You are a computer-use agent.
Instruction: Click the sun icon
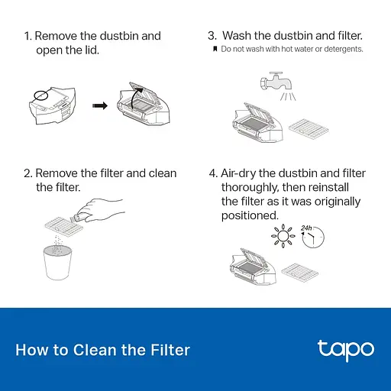283,236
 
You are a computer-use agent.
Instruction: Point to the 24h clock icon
313,236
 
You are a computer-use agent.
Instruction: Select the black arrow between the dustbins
100,105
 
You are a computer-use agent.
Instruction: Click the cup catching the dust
57,263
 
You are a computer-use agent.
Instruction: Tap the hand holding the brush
100,210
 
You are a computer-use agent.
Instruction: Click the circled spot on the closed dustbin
40,95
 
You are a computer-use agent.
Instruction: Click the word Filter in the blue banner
170,350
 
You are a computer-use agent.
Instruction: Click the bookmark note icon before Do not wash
215,49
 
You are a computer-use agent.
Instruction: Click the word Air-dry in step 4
238,173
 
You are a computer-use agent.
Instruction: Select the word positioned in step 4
250,215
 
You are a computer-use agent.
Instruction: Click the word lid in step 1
92,50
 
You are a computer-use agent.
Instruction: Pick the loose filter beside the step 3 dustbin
309,130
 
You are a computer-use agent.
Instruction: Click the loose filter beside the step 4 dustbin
299,273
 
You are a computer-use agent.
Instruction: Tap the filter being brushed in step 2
64,226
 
